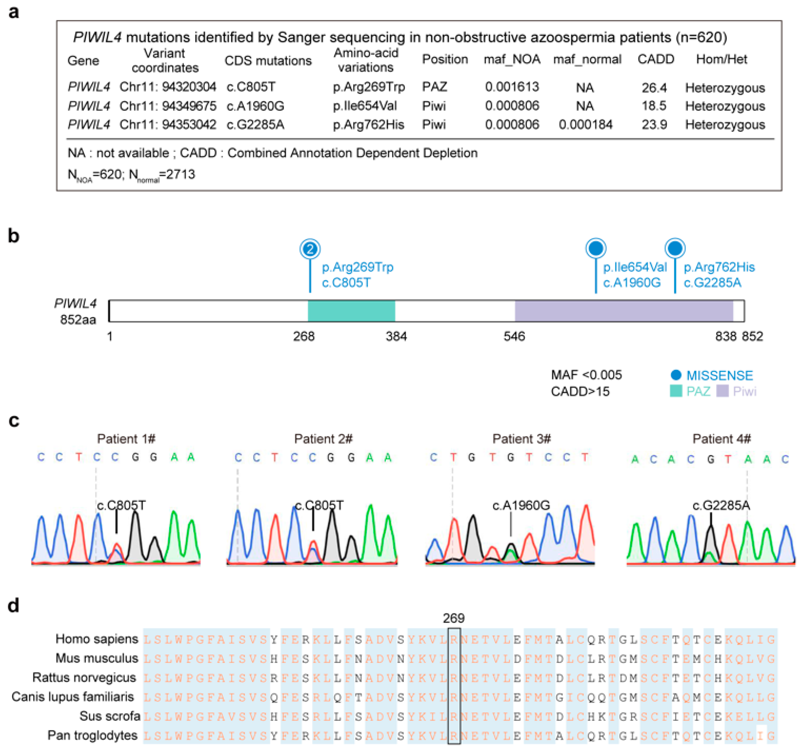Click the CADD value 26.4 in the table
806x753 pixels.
(x=654, y=88)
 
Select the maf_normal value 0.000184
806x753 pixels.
(x=585, y=125)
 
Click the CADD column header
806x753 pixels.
(x=656, y=59)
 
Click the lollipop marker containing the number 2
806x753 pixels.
(x=310, y=249)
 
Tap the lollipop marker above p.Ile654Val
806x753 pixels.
(x=596, y=248)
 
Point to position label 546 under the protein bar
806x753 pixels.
(x=514, y=336)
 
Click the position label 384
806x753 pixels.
(x=396, y=336)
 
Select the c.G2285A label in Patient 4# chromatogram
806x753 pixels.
(x=721, y=505)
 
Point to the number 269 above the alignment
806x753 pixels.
(x=453, y=618)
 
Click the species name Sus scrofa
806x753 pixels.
(x=110, y=716)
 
